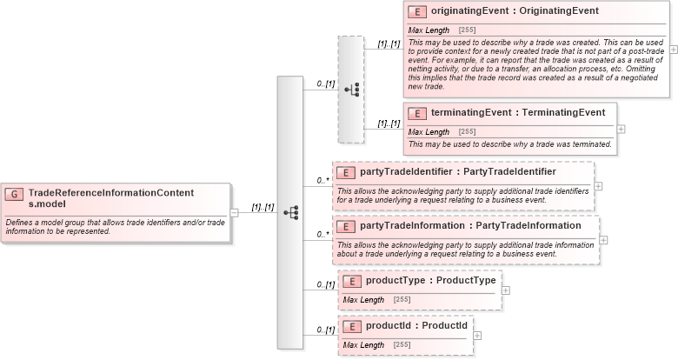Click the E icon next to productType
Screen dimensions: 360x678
pyautogui.click(x=353, y=280)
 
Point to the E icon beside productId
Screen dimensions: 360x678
pyautogui.click(x=353, y=326)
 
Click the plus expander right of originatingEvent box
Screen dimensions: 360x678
pyautogui.click(x=674, y=50)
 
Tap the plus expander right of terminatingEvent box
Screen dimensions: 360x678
pyautogui.click(x=621, y=129)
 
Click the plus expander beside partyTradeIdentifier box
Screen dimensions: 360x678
pyautogui.click(x=598, y=186)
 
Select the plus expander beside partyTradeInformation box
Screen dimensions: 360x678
pyautogui.click(x=603, y=240)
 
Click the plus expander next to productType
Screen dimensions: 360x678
pyautogui.click(x=506, y=290)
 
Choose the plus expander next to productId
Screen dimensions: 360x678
pyautogui.click(x=477, y=336)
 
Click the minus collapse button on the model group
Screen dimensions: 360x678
pyautogui.click(x=234, y=212)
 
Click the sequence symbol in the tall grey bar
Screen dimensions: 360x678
pyautogui.click(x=291, y=212)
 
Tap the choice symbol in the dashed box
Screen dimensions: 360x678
pyautogui.click(x=351, y=89)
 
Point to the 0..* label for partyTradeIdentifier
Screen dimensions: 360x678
pyautogui.click(x=322, y=180)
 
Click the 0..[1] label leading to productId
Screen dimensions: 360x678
pyautogui.click(x=325, y=330)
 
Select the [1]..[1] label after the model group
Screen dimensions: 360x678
pyautogui.click(x=263, y=207)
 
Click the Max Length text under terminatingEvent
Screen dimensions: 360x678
pyautogui.click(x=429, y=131)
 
